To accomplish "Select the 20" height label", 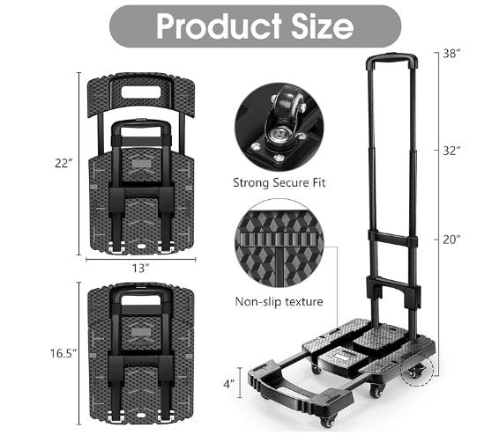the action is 451,240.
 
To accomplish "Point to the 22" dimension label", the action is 63,163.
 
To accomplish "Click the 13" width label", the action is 140,269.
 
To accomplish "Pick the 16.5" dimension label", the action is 63,353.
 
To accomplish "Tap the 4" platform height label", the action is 228,384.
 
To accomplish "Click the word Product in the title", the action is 219,26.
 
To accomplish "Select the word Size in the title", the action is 322,26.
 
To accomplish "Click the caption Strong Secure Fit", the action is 279,183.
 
